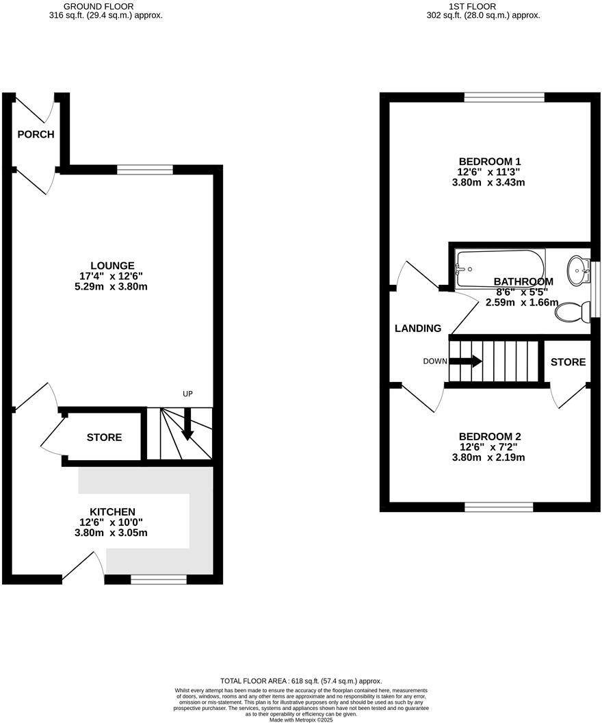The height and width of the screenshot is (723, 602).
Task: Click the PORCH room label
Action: [36, 134]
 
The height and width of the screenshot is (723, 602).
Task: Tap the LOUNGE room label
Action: [113, 266]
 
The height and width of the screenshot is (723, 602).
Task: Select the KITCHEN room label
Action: [113, 512]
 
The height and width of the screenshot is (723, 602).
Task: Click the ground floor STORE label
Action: [104, 437]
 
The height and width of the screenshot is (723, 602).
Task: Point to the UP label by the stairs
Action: [188, 394]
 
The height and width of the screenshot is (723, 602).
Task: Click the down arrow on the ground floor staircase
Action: [187, 431]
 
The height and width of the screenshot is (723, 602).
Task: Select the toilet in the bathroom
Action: [573, 313]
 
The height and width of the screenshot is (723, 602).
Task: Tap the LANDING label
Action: [418, 329]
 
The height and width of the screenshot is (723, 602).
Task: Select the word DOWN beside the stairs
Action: [434, 361]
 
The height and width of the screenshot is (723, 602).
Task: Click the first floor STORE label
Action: [568, 361]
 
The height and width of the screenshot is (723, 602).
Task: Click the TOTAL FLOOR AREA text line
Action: [301, 681]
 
